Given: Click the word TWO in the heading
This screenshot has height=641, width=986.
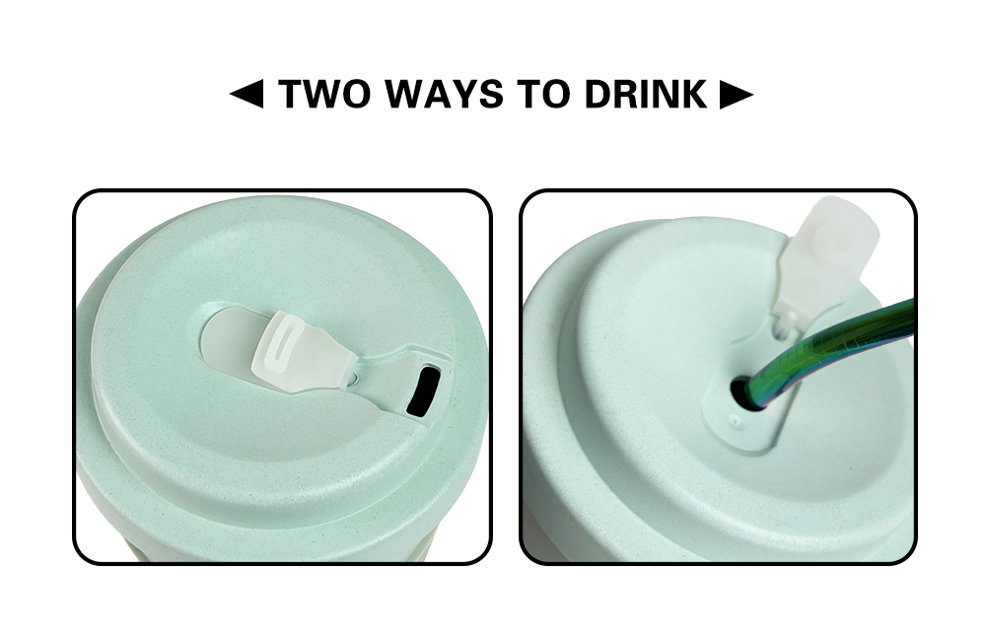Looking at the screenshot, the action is (x=324, y=95).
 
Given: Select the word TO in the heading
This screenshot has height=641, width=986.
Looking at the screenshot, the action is (x=544, y=95).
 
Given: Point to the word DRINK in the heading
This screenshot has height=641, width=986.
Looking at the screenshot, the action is (x=646, y=95).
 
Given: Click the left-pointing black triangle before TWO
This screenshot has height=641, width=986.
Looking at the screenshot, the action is (x=246, y=95).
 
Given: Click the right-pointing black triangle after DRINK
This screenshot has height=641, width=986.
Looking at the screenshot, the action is (x=737, y=95).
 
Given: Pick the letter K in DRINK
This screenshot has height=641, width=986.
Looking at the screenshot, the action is (x=693, y=95).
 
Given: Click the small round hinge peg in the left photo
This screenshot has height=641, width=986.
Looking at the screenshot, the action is (x=353, y=379).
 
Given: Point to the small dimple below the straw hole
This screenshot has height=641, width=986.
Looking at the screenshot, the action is (x=737, y=420).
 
